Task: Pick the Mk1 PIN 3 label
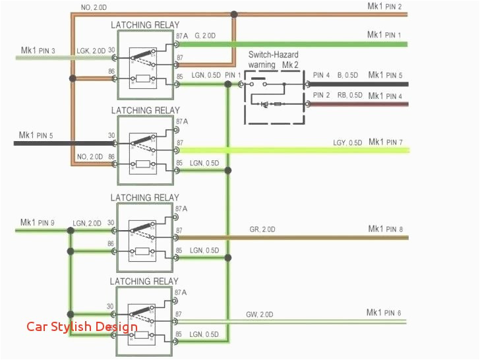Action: pyautogui.click(x=38, y=51)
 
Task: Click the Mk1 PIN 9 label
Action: pyautogui.click(x=38, y=222)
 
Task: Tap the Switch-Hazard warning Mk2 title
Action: pyautogui.click(x=274, y=61)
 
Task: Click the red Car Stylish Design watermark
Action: pyautogui.click(x=82, y=326)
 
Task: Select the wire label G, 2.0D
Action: pyautogui.click(x=204, y=35)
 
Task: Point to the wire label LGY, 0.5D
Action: pyautogui.click(x=347, y=143)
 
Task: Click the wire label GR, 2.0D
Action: pyautogui.click(x=263, y=229)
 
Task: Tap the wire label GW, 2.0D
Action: pyautogui.click(x=260, y=314)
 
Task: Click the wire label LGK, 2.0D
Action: pyautogui.click(x=90, y=51)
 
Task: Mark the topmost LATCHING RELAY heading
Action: pyautogui.click(x=144, y=25)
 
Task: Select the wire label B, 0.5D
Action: pyautogui.click(x=349, y=75)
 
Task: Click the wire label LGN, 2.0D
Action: pyautogui.click(x=87, y=224)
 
